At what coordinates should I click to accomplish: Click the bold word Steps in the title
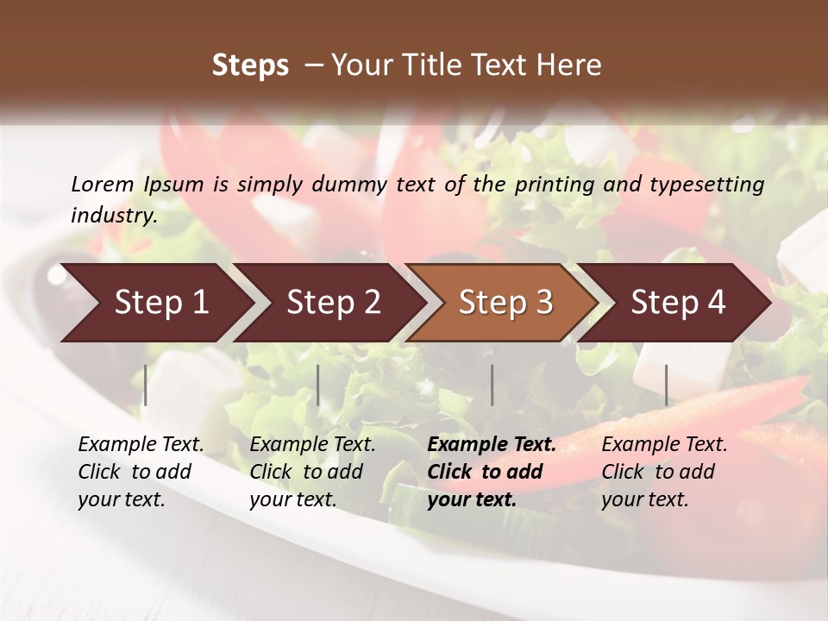pos(250,66)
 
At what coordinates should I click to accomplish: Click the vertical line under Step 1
pos(146,385)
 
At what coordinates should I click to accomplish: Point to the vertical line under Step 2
pos(318,385)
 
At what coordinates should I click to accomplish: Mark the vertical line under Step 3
pos(492,385)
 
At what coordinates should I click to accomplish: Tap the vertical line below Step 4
pos(666,385)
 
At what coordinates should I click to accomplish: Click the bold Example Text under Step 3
pos(492,445)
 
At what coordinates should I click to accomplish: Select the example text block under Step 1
pos(141,472)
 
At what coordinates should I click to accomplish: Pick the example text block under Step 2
pos(312,472)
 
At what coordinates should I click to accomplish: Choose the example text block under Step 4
pos(664,472)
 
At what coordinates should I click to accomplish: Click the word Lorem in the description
pos(102,184)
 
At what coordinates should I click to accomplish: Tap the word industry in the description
pos(114,216)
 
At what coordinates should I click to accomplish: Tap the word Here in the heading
pos(571,66)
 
